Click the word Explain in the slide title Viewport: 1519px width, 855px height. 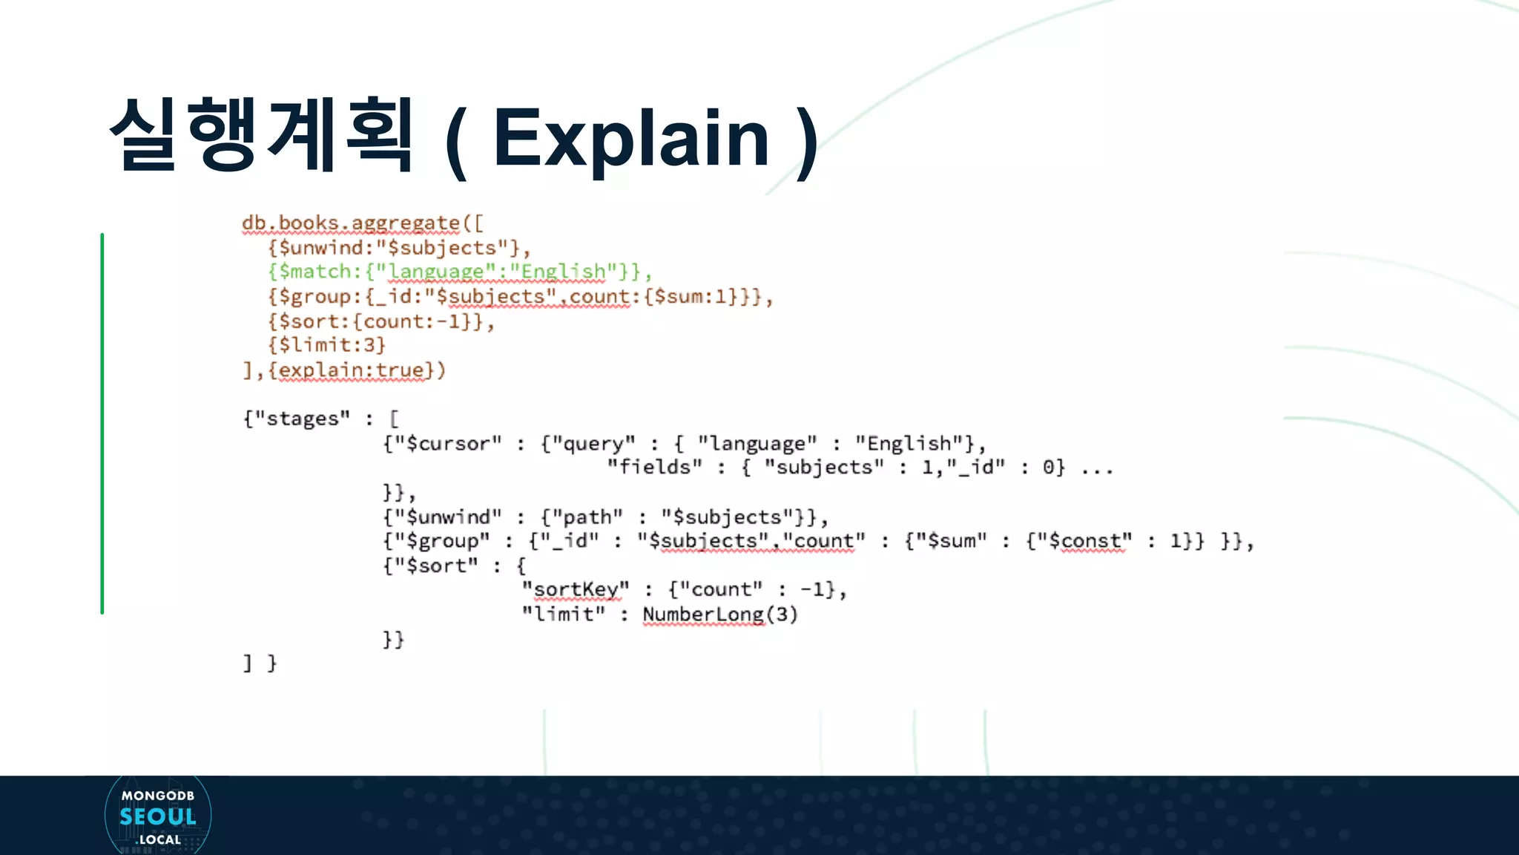pos(631,138)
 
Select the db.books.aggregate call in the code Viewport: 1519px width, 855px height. pos(351,223)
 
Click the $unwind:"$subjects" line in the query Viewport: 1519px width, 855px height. pos(399,248)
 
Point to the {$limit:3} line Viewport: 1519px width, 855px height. pos(327,345)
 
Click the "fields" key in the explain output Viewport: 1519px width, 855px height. pos(654,468)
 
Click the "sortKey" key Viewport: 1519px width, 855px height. pos(576,590)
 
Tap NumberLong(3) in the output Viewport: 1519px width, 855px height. pos(719,615)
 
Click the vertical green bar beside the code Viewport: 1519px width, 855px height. pos(102,423)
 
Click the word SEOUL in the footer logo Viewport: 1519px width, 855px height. pos(158,817)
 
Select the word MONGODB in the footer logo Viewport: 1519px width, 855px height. pos(158,796)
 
